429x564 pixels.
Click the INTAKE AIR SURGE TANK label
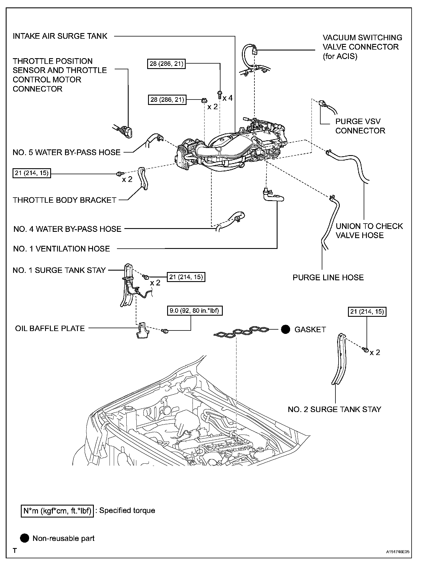pos(60,36)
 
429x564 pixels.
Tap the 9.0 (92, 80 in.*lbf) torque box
pos(195,311)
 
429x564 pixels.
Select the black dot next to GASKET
pos(286,329)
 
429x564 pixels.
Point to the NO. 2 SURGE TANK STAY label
pos(334,409)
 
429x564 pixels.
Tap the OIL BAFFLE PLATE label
pos(50,328)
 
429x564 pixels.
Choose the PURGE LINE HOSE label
pos(328,277)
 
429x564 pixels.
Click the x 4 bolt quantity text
pos(227,98)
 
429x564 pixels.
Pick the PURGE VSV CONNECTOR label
pos(360,126)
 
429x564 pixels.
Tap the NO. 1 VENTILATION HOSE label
pos(61,249)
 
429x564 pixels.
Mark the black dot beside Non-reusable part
pos(25,538)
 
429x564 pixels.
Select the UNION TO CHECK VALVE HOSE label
pos(369,231)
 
